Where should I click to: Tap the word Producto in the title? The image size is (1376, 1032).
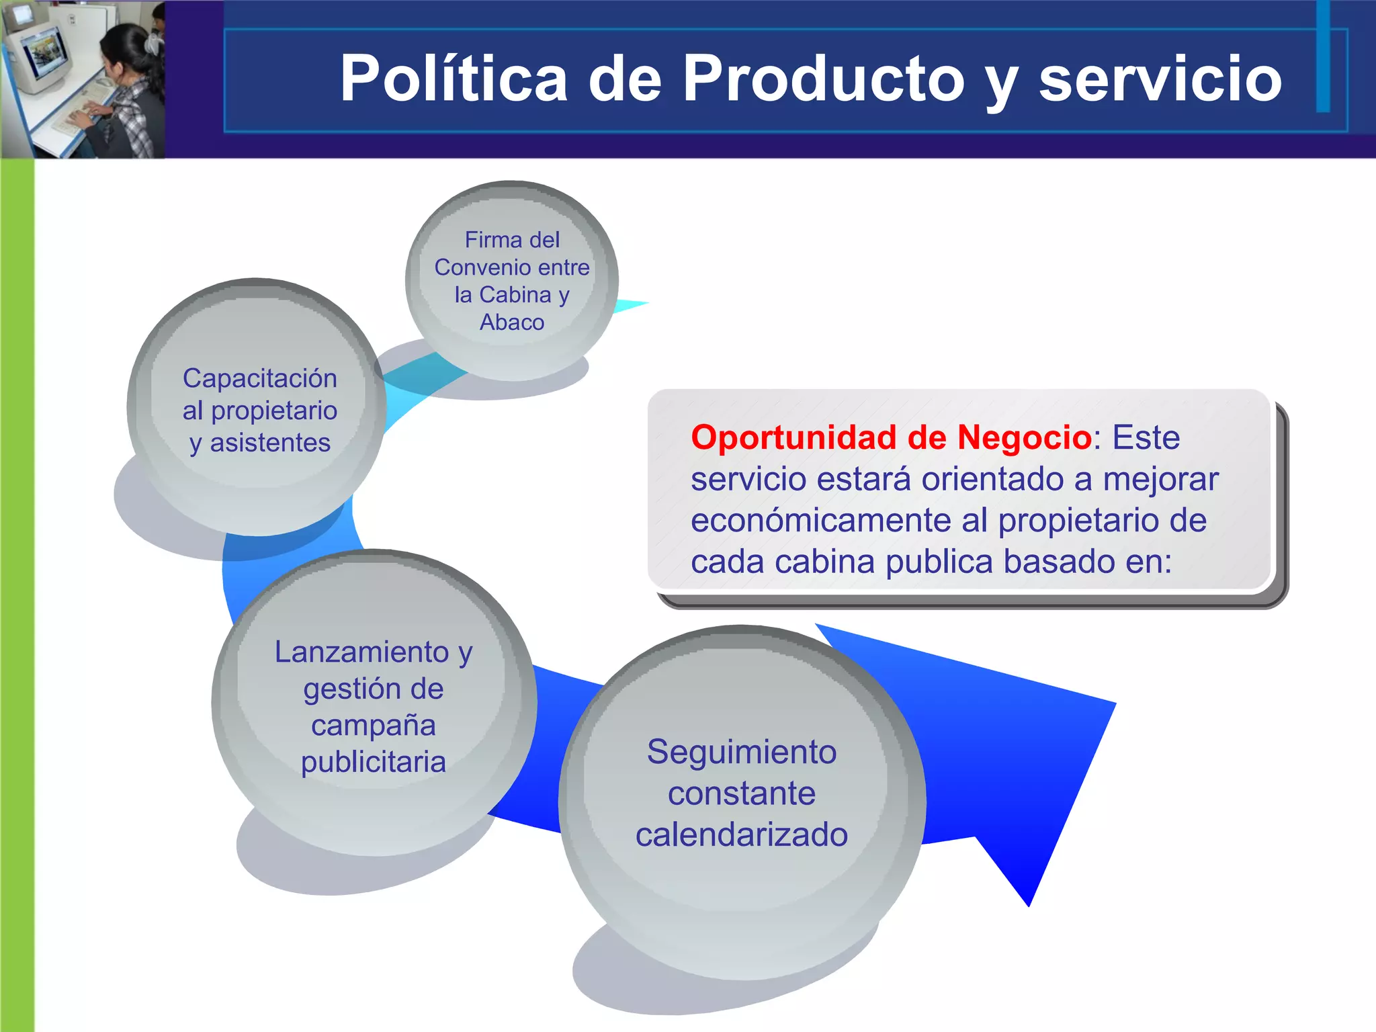(823, 79)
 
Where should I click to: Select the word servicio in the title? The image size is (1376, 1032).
(1160, 79)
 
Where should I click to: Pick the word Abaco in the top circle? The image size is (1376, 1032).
(512, 322)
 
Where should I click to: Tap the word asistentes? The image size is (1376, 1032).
(270, 443)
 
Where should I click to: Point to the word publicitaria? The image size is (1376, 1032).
(374, 762)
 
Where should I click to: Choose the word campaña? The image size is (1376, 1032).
(374, 725)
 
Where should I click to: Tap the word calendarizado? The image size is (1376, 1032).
(742, 834)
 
